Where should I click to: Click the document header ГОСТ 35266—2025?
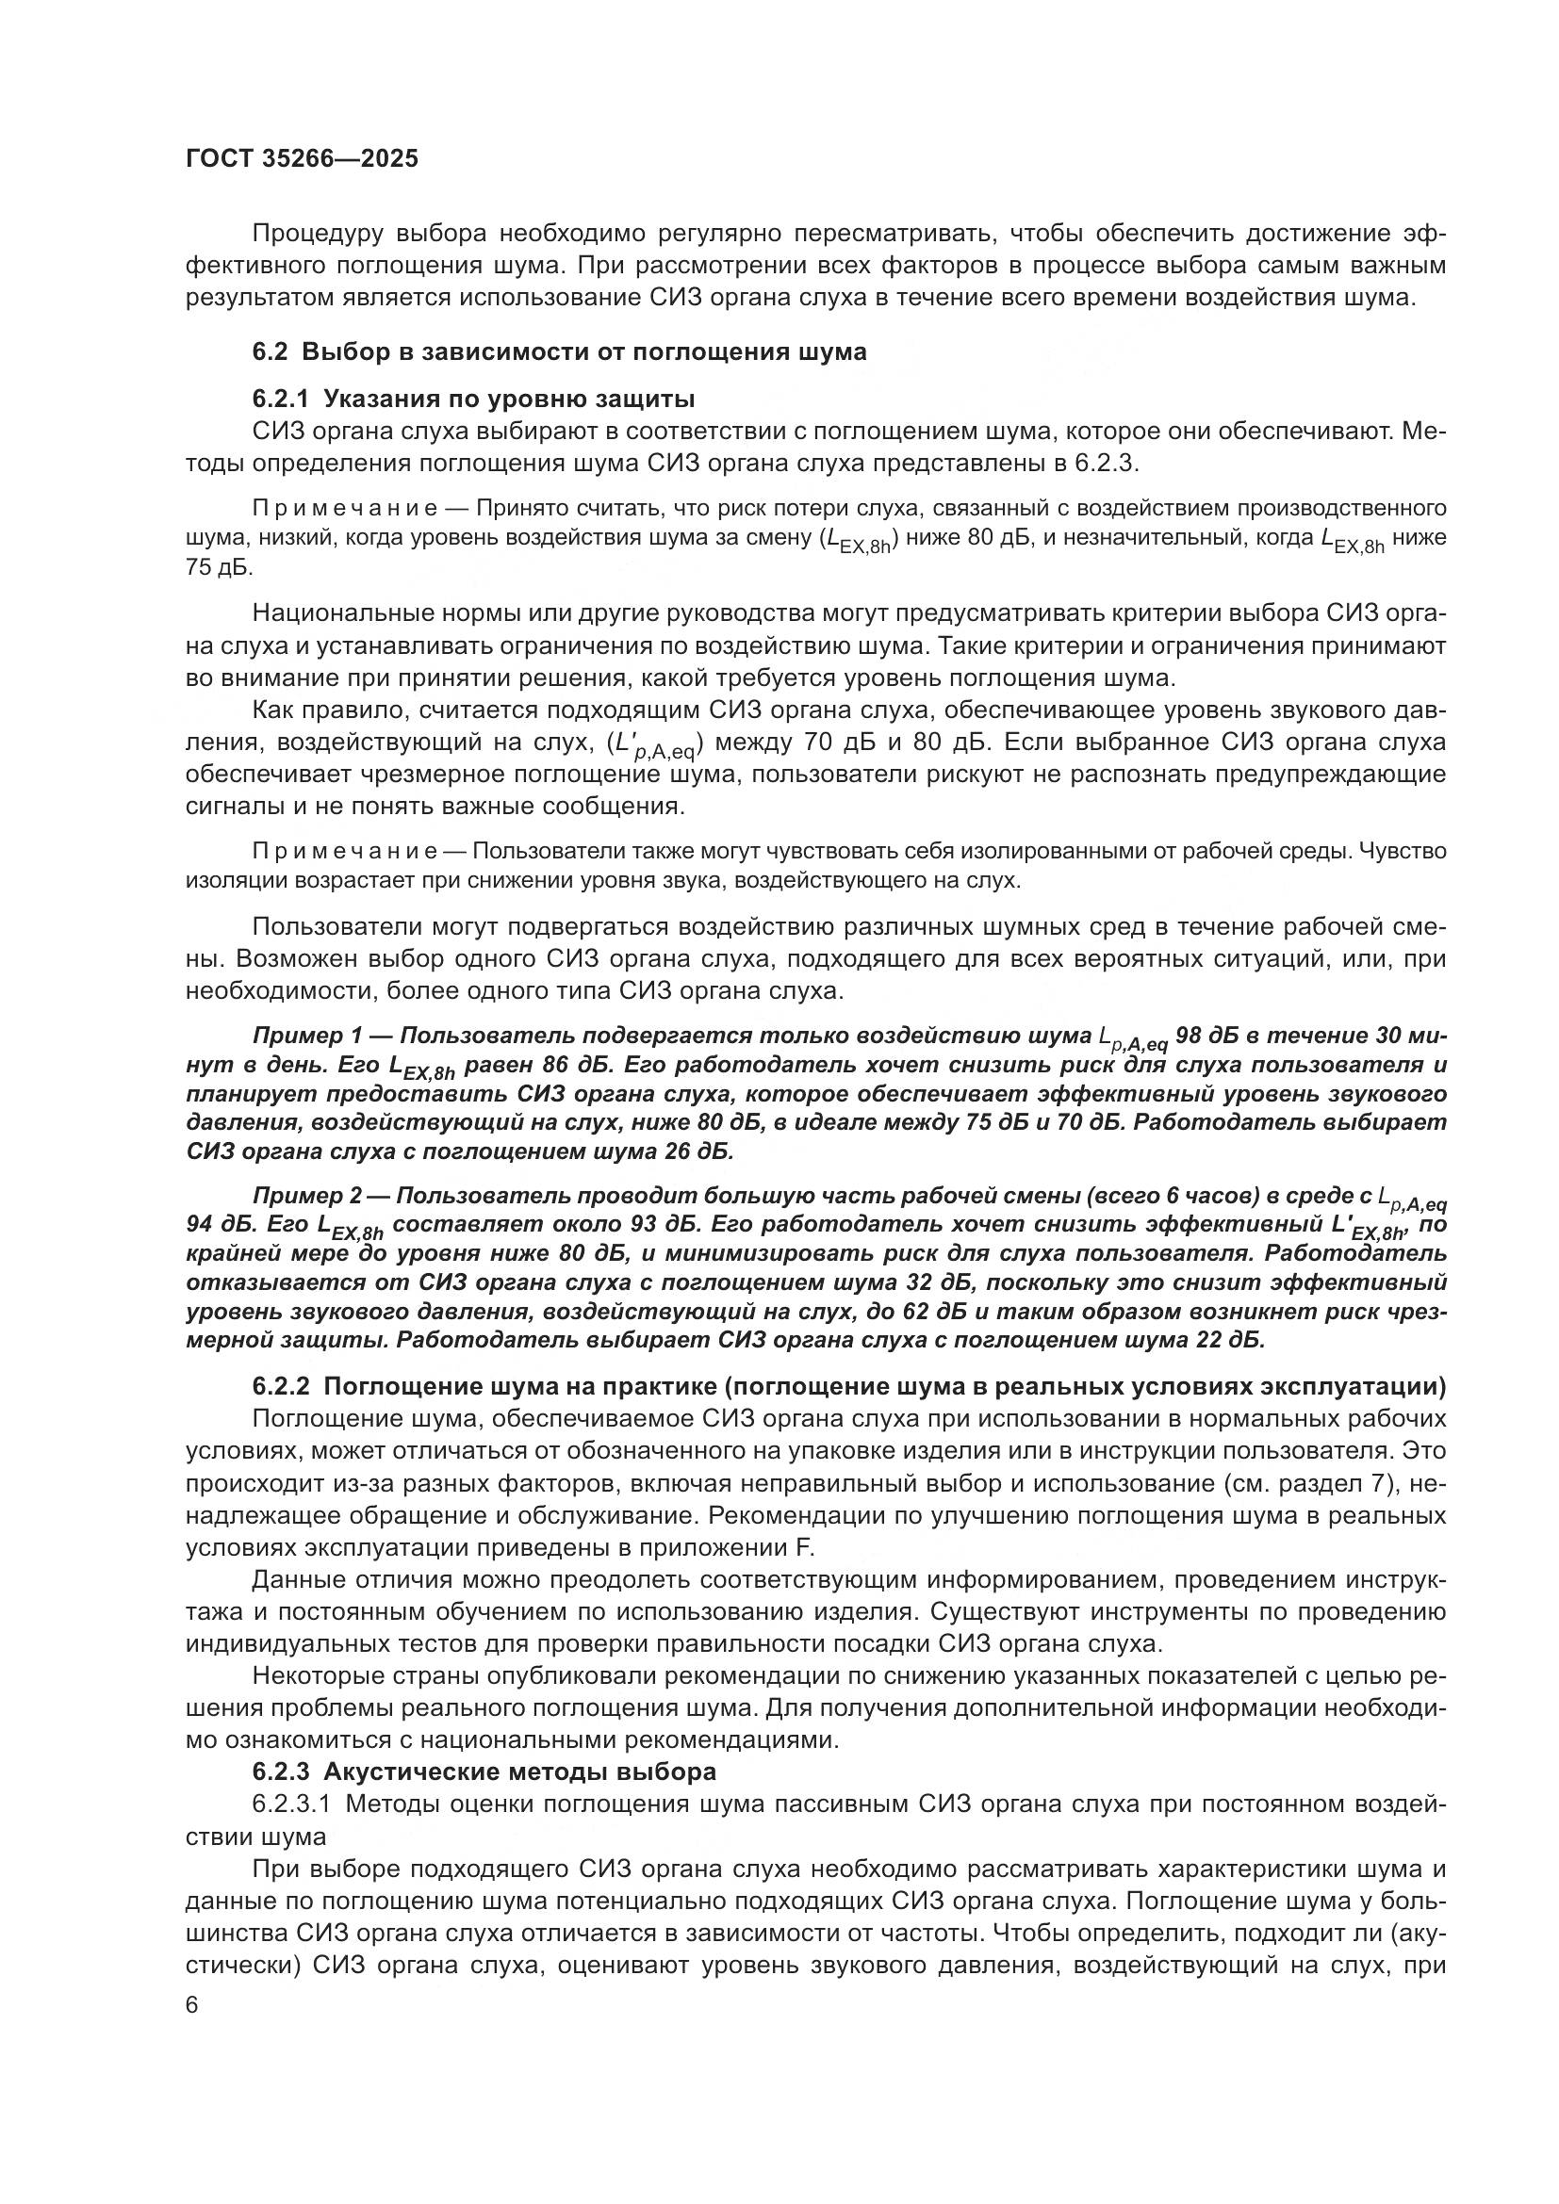tap(303, 159)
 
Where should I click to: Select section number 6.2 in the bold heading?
tap(269, 352)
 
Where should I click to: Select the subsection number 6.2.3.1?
tap(292, 1804)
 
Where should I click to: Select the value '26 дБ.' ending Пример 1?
tap(699, 1151)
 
